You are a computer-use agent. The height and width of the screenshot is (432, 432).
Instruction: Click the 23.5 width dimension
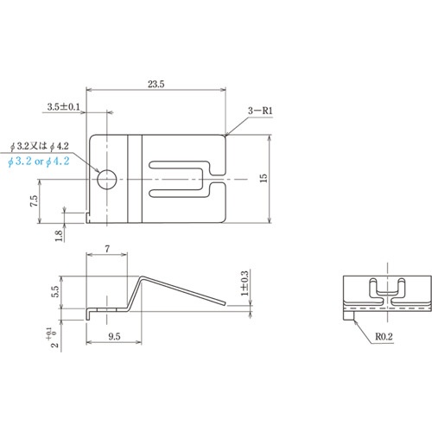point(156,84)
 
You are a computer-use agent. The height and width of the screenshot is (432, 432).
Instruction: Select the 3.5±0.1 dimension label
point(66,107)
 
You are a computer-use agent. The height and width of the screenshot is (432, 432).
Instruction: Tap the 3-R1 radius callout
point(260,111)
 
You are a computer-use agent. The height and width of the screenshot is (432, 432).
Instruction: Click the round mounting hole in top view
point(106,179)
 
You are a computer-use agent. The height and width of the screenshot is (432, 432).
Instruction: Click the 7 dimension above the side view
point(107,249)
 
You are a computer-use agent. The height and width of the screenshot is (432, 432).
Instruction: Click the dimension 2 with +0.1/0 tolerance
point(56,332)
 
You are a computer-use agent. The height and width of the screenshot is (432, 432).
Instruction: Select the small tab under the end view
point(349,315)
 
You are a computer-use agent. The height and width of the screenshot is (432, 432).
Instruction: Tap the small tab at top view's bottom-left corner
point(91,218)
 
